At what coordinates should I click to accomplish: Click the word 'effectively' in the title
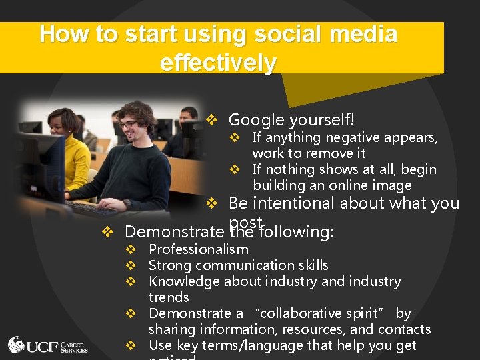pyautogui.click(x=218, y=63)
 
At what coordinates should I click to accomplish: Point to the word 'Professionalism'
pyautogui.click(x=199, y=249)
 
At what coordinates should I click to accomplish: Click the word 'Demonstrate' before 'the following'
pyautogui.click(x=175, y=232)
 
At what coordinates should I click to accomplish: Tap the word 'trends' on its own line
pyautogui.click(x=169, y=297)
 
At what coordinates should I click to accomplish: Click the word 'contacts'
pyautogui.click(x=403, y=329)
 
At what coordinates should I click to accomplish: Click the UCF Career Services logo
pyautogui.click(x=48, y=345)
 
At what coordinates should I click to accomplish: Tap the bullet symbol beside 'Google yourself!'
pyautogui.click(x=212, y=121)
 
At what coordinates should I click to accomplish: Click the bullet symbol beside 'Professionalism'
pyautogui.click(x=131, y=250)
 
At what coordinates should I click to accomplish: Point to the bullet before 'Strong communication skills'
pyautogui.click(x=131, y=266)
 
